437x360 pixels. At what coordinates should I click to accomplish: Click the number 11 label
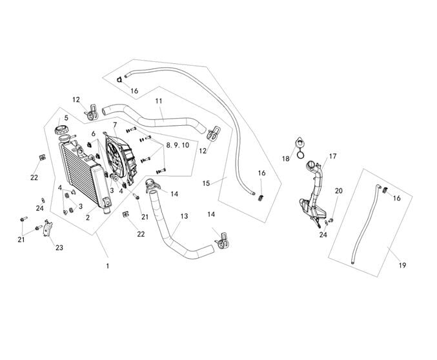pos(159,101)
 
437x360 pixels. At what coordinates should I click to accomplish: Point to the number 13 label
pos(184,216)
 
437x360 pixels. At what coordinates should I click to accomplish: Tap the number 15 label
pos(206,183)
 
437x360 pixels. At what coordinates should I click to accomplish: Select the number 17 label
pos(333,156)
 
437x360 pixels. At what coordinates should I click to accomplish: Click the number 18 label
pos(285,158)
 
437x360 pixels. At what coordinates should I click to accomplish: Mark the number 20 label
pos(338,190)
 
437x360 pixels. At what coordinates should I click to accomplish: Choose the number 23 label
pos(59,248)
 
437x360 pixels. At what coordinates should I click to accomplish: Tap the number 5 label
pos(66,118)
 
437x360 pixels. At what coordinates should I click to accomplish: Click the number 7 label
pos(114,125)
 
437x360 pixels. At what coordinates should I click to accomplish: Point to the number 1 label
pos(108,266)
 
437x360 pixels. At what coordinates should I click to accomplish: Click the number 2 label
pos(87,217)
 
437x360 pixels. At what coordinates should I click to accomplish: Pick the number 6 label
pos(93,134)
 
